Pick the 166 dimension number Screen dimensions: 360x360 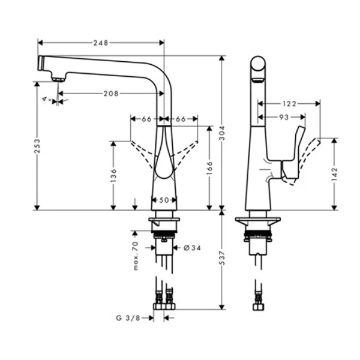209,166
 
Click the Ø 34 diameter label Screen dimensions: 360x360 188,247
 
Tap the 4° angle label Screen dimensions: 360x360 47,98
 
